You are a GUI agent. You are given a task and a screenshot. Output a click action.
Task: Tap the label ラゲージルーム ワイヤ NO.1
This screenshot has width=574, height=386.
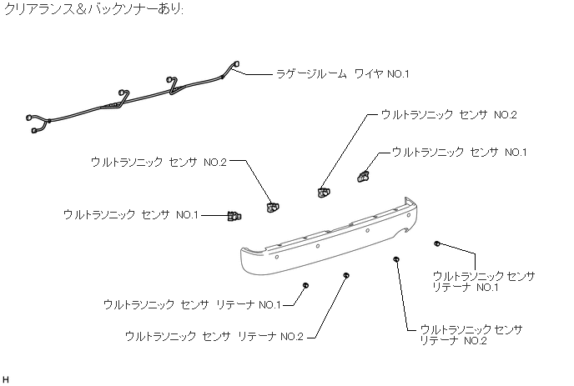tap(343, 73)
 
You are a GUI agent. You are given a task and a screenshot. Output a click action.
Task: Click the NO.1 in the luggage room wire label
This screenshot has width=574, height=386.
tap(398, 73)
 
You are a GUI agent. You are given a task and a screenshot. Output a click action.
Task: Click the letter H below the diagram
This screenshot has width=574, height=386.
tap(7, 379)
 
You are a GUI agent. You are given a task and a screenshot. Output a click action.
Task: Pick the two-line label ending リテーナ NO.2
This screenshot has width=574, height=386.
tap(471, 335)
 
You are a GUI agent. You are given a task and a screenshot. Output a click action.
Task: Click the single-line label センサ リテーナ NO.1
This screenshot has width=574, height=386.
tap(192, 305)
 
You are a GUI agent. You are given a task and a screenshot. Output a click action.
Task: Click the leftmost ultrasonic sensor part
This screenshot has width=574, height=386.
tap(234, 217)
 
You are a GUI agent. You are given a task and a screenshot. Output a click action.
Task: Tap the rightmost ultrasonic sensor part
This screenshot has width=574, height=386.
tap(363, 175)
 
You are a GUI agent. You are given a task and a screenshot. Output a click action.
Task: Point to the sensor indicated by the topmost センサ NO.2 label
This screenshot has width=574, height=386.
tap(323, 193)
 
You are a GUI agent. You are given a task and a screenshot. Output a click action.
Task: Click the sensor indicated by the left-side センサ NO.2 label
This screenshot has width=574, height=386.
tap(272, 204)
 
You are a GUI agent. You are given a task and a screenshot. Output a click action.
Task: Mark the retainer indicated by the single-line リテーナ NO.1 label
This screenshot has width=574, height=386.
tap(306, 285)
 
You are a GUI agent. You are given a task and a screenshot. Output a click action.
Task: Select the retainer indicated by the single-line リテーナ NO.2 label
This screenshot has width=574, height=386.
tap(346, 274)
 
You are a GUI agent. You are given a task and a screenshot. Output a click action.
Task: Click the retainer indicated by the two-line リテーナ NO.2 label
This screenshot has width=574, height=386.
tap(396, 260)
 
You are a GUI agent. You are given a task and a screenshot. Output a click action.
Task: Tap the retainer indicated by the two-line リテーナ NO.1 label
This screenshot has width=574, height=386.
tap(438, 243)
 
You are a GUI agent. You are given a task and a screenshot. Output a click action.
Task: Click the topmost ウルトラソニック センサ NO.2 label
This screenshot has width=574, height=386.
tap(448, 114)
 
